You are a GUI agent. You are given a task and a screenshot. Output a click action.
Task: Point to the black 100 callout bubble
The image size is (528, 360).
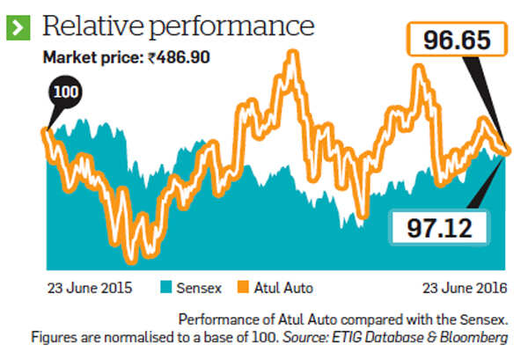point(62,92)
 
